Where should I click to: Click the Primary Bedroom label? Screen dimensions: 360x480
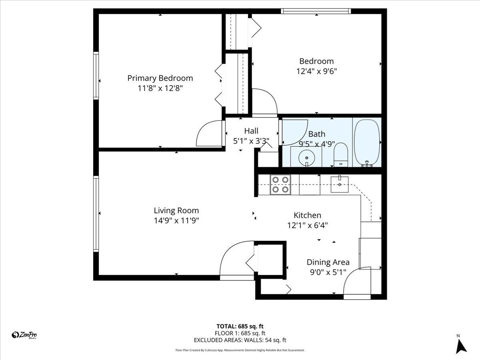tap(160, 78)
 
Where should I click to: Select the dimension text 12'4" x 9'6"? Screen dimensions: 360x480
tap(316, 72)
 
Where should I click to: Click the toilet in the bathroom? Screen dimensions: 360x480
tap(341, 155)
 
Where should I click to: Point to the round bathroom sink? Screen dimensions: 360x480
tap(306, 157)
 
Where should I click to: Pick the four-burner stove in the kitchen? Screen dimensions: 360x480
tap(280, 185)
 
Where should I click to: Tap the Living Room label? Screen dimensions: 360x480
tap(176, 210)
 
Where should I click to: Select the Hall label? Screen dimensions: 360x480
tap(251, 131)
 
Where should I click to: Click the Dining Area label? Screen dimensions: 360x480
tap(328, 262)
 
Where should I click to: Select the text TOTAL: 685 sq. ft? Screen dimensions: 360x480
tap(240, 326)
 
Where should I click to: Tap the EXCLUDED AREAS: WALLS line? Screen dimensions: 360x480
tap(240, 340)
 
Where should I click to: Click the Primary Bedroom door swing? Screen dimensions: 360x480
tap(209, 134)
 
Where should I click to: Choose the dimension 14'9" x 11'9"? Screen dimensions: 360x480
tap(176, 220)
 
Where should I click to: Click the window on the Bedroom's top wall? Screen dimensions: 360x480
tap(316, 11)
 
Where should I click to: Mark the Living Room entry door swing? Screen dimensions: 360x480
tap(236, 258)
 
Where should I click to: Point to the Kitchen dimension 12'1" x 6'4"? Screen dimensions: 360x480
tap(307, 225)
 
